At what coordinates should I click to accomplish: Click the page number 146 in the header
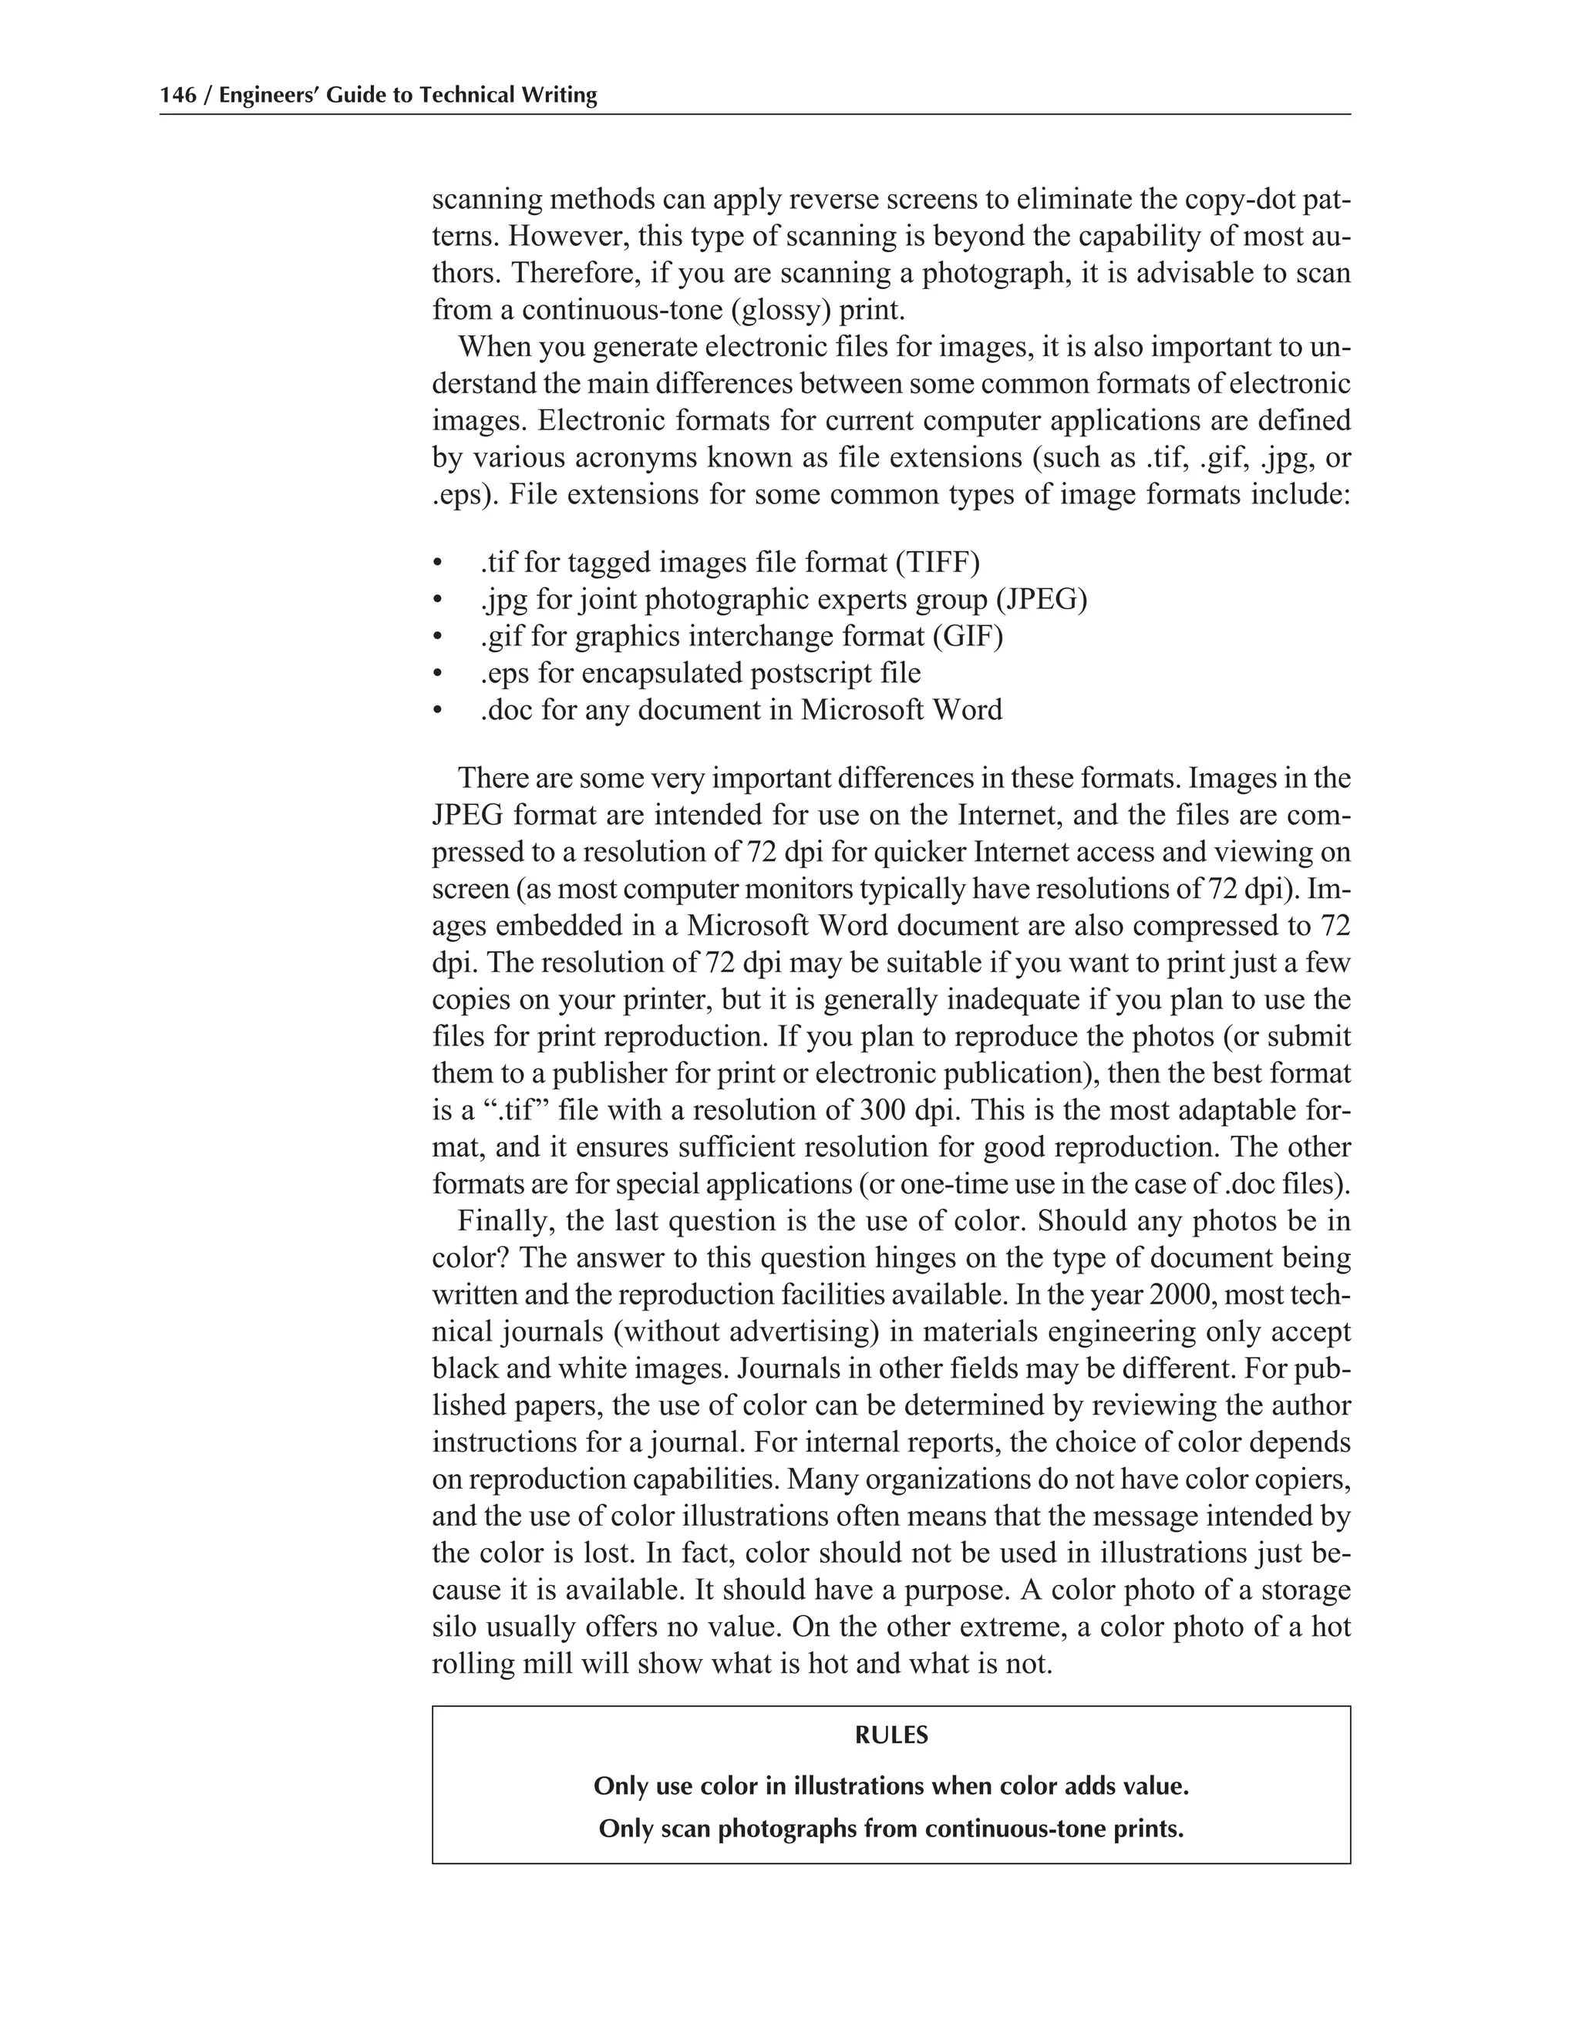[178, 96]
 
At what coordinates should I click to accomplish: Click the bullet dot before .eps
[436, 675]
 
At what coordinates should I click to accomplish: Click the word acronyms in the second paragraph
[637, 459]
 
